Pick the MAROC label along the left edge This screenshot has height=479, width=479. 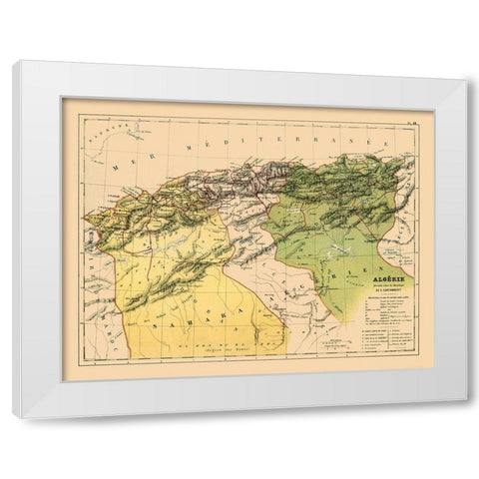pos(91,279)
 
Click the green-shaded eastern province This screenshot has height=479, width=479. pos(329,249)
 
